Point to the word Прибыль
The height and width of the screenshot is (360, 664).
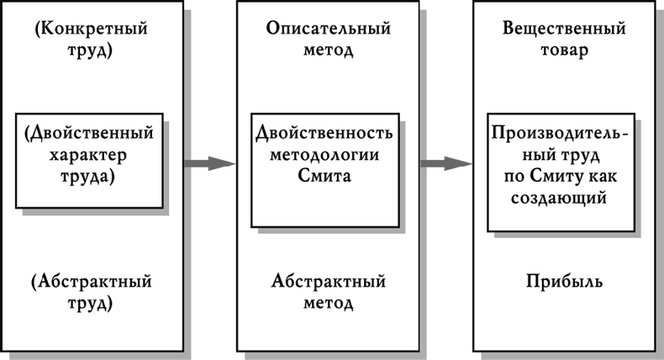[564, 281]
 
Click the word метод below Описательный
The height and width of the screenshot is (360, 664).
[328, 50]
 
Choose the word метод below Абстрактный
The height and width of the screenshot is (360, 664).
[328, 302]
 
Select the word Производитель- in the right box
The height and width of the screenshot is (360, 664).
[562, 135]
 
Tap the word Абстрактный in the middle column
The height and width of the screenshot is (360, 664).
[328, 281]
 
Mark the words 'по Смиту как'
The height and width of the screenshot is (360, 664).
[564, 177]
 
